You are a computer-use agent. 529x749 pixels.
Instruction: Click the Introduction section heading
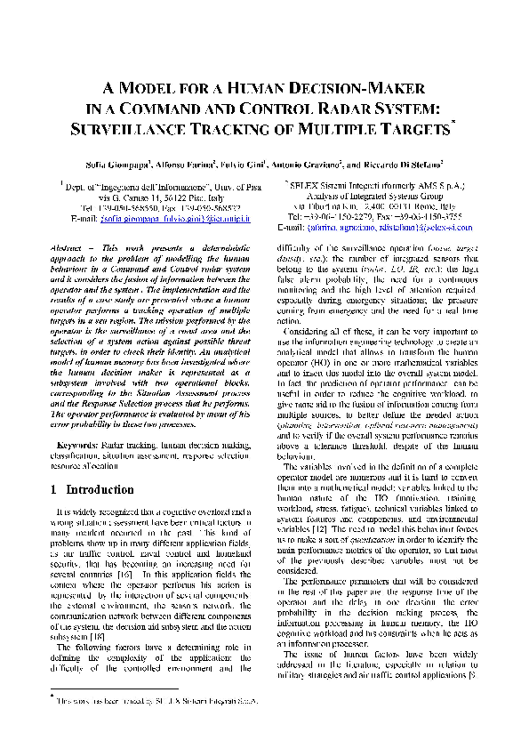coord(100,490)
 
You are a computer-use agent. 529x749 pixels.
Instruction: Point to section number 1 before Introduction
coord(55,490)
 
